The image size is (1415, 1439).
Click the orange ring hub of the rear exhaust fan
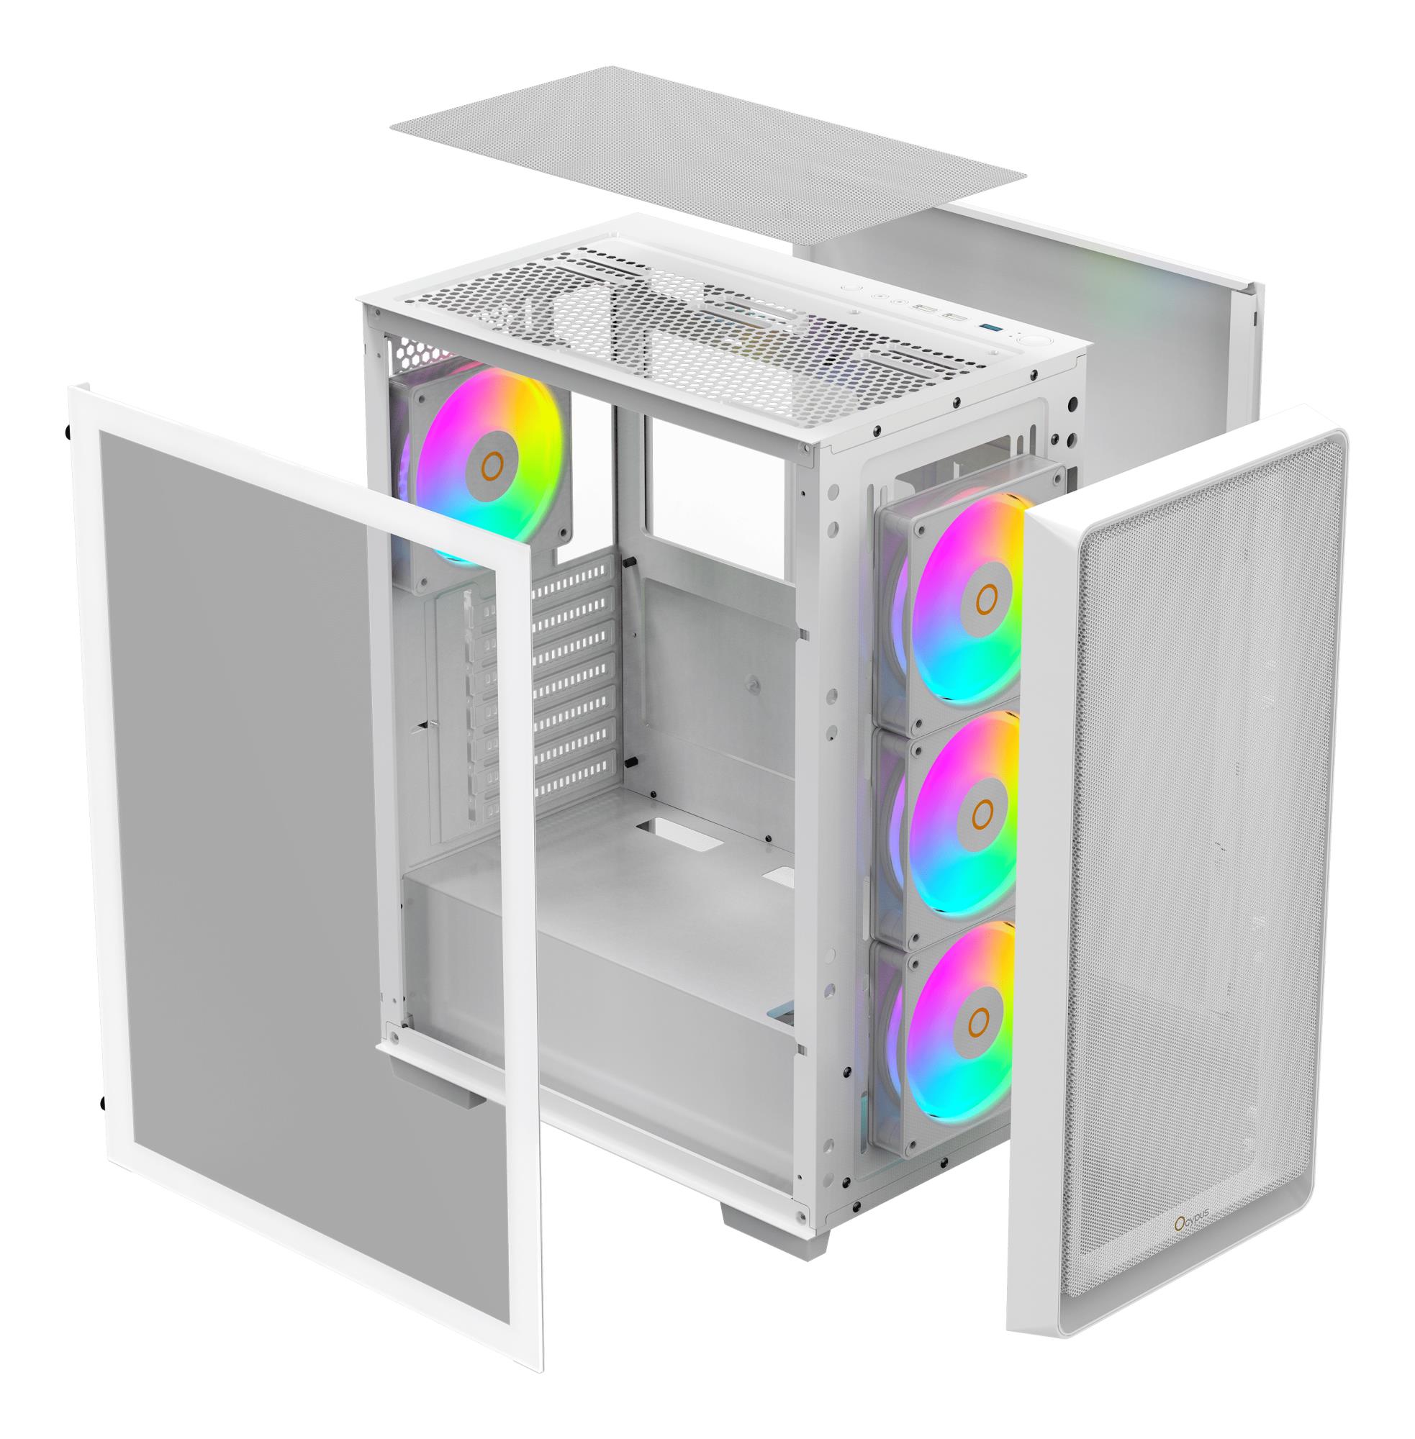click(492, 465)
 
